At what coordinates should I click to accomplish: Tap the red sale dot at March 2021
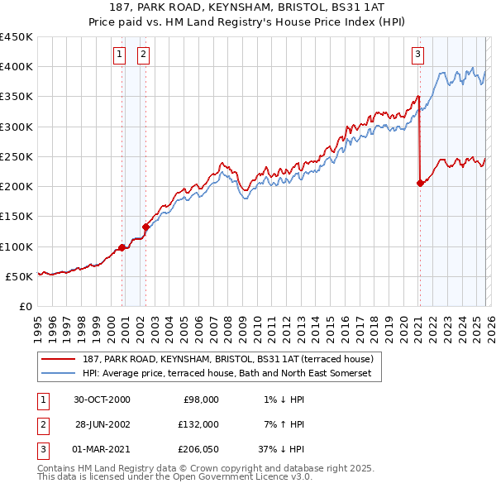tap(420, 184)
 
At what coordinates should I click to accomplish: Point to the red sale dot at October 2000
tap(122, 247)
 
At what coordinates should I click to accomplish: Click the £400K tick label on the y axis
tap(17, 67)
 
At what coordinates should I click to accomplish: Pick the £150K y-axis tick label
tap(17, 217)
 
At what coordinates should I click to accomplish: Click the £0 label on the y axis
tap(25, 306)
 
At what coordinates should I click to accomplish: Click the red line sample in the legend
tap(59, 360)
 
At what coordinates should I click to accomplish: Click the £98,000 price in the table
tap(199, 399)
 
